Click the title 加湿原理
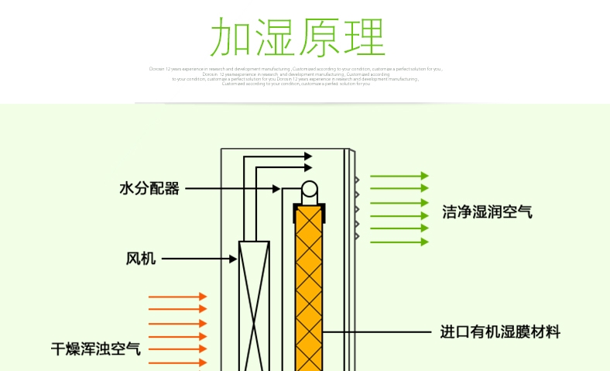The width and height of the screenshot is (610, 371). tap(298, 37)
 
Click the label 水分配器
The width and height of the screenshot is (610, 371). tap(149, 188)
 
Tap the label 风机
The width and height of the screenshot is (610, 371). tap(141, 259)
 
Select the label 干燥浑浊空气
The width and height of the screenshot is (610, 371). tap(96, 349)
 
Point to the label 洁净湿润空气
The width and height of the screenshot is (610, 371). tap(487, 211)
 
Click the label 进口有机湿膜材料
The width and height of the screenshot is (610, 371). tap(500, 332)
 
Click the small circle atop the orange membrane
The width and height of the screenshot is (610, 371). tap(310, 188)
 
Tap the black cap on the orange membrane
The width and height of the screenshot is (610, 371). tap(310, 206)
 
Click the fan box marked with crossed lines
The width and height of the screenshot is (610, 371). tap(254, 302)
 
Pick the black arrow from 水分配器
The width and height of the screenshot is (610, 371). tap(232, 188)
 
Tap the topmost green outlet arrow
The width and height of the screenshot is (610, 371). tap(399, 176)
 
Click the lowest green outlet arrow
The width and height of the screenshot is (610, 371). tap(399, 242)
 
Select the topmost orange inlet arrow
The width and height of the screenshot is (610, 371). tap(177, 297)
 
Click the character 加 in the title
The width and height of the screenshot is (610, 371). tap(231, 37)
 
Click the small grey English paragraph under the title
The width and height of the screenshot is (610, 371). tap(296, 76)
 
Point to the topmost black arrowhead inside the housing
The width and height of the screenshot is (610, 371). tap(307, 156)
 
